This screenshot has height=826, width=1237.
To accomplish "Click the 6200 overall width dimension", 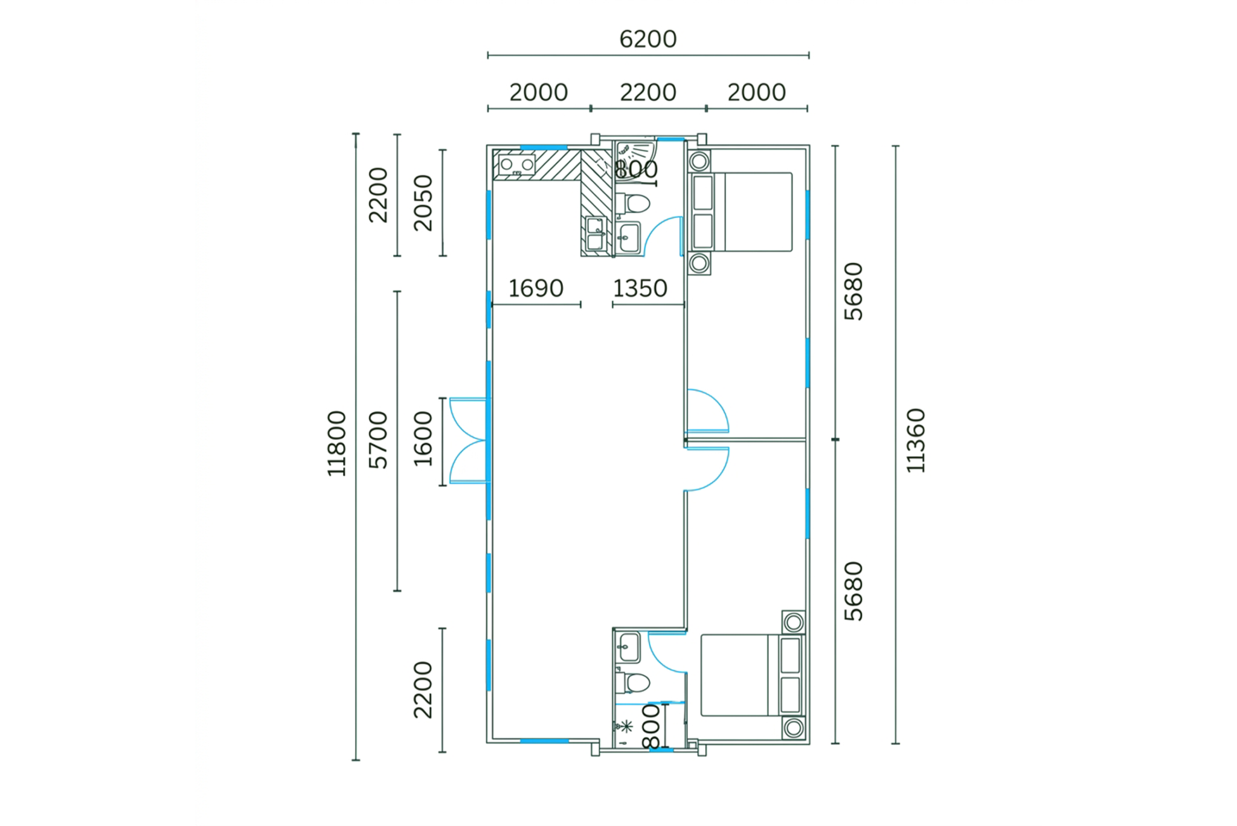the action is click(x=647, y=39).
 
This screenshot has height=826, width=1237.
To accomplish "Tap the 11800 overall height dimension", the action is click(x=336, y=444).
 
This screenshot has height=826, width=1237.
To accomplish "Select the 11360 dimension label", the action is click(x=916, y=440).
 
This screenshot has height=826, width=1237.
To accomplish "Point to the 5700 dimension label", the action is click(x=378, y=440).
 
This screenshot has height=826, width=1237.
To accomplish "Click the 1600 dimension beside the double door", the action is click(x=423, y=439).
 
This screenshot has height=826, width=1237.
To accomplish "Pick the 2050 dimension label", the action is click(x=423, y=203).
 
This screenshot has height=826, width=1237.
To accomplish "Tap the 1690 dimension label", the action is click(x=536, y=289).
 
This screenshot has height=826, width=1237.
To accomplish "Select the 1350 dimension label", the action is click(x=640, y=289).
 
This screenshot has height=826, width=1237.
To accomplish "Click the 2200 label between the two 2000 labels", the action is click(x=648, y=92).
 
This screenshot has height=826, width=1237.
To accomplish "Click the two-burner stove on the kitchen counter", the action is click(x=517, y=165).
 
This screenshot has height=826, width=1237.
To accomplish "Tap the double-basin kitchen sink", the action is click(x=596, y=234).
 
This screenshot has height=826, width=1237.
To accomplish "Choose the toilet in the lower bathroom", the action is click(x=632, y=683).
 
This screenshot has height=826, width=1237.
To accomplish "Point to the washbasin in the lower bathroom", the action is click(x=629, y=647).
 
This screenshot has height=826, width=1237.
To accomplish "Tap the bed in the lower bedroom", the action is click(x=753, y=675).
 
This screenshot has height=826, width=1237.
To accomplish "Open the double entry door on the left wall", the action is click(x=468, y=441).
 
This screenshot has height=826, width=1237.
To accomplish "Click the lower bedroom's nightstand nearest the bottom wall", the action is click(x=794, y=728).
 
